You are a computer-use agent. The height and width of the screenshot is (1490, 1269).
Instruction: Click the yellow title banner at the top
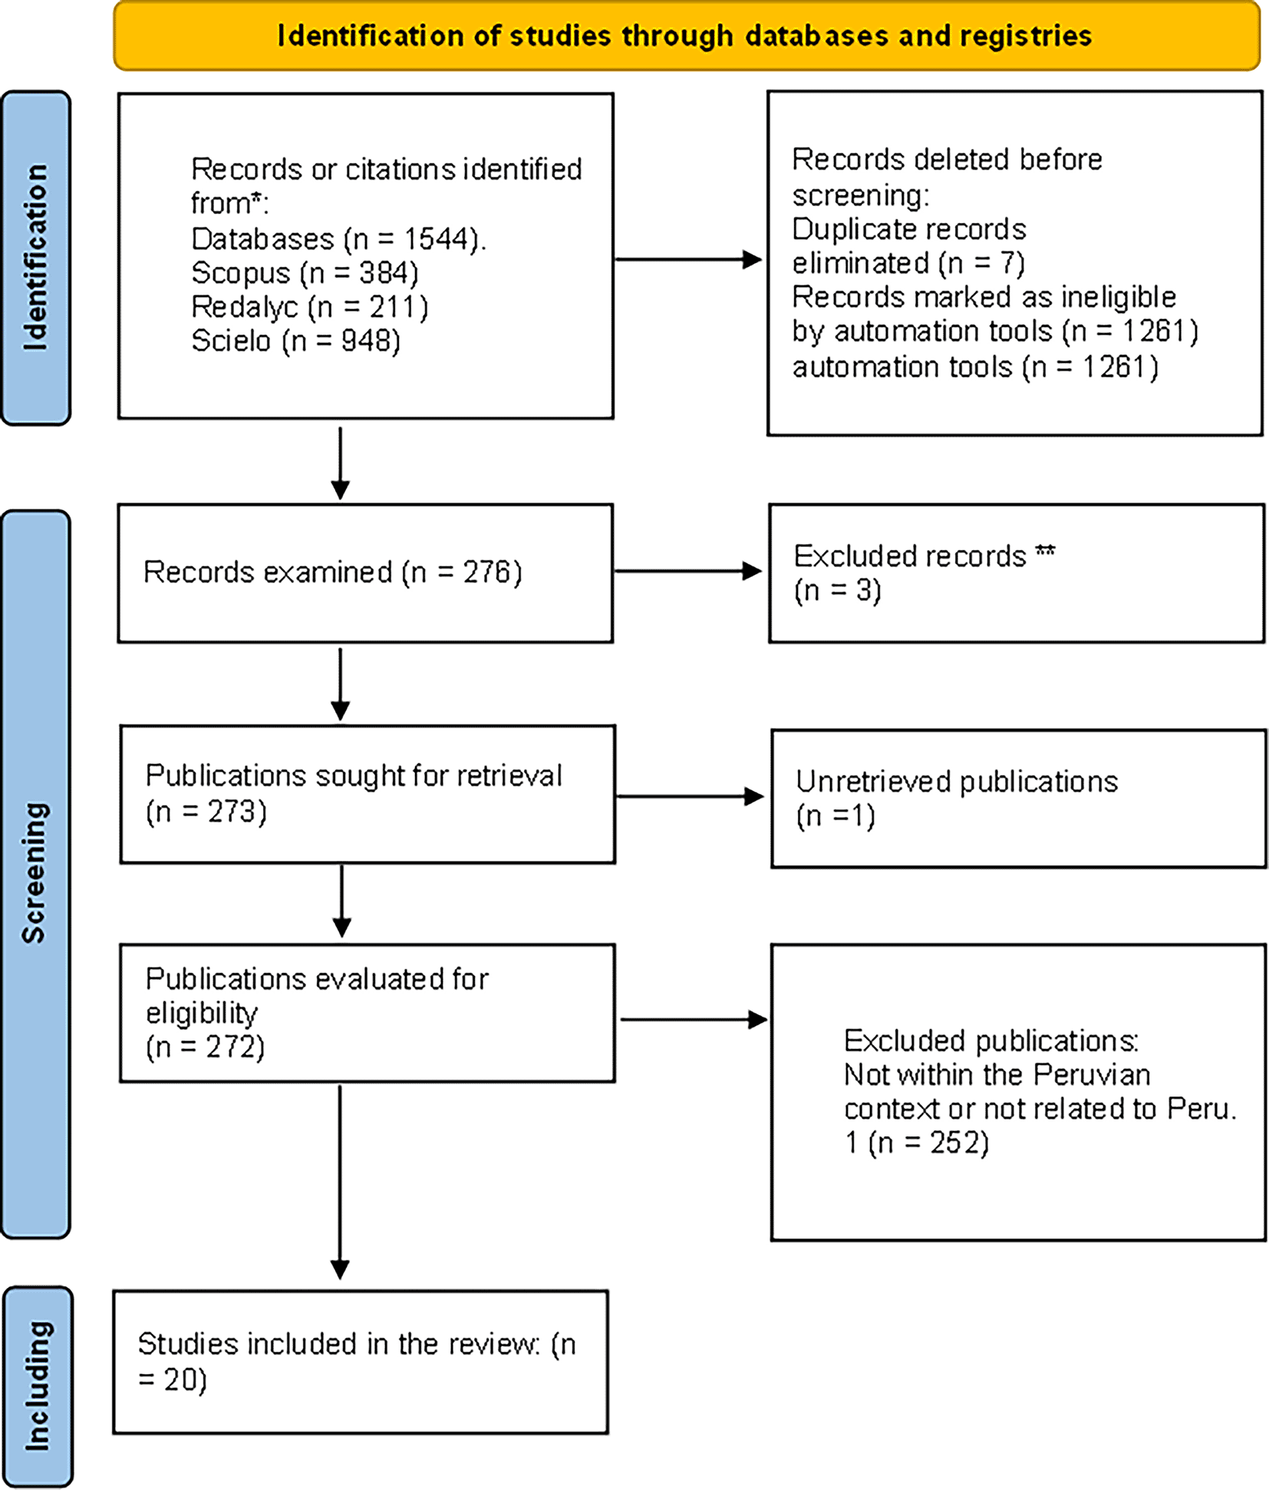(687, 36)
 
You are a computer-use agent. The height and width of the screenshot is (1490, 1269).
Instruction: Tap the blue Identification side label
(36, 258)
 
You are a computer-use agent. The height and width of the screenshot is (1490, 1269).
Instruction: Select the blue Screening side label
(36, 874)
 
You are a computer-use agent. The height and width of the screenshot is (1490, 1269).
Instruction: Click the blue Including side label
(38, 1386)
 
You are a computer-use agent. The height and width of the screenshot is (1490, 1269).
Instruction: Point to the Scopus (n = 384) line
(305, 273)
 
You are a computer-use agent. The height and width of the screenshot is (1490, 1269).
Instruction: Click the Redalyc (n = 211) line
(310, 307)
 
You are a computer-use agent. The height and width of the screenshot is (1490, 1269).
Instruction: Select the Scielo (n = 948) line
(296, 341)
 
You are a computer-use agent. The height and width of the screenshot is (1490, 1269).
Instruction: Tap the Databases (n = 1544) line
(338, 239)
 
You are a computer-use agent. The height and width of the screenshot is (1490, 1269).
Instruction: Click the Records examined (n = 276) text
(333, 572)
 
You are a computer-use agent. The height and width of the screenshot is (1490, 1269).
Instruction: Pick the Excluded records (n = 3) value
(838, 590)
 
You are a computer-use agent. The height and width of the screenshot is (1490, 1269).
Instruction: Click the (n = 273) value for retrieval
(206, 811)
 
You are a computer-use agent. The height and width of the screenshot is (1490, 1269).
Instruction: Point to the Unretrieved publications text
(957, 782)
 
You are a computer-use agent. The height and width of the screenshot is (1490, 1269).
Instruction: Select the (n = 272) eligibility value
(205, 1047)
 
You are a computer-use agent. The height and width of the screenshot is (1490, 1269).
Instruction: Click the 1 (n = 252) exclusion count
(917, 1142)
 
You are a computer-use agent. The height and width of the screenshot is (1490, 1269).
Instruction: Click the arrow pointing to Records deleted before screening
(688, 259)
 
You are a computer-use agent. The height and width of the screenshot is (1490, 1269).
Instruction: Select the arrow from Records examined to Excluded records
(688, 571)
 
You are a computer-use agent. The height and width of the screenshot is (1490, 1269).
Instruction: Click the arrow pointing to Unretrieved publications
(691, 796)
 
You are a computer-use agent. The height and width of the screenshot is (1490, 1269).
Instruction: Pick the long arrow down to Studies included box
(340, 1182)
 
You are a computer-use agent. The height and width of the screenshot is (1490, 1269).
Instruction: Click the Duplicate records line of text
(909, 229)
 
